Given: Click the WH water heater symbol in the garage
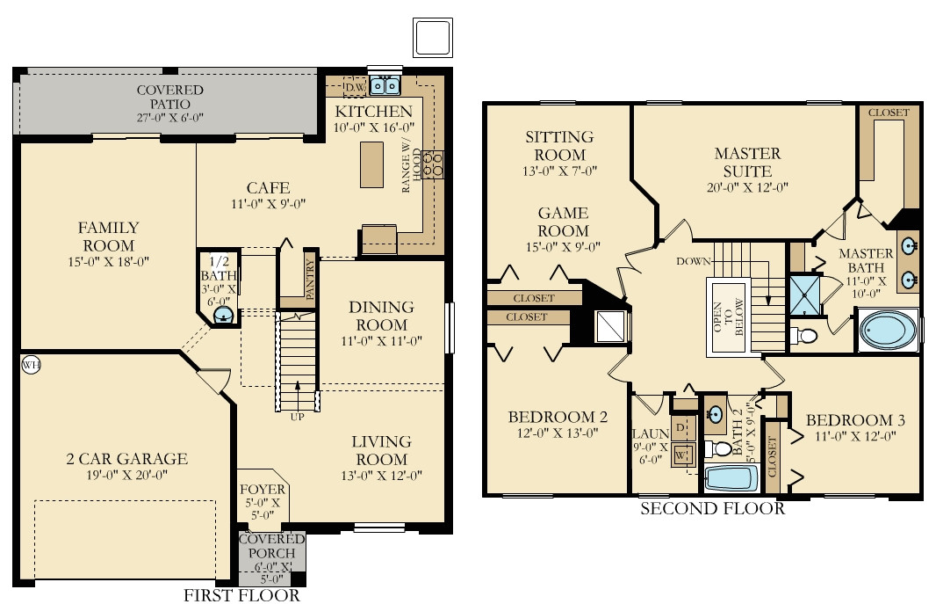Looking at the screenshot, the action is pyautogui.click(x=31, y=365).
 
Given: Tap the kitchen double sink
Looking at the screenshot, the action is pyautogui.click(x=385, y=86).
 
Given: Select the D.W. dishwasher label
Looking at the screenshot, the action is pyautogui.click(x=356, y=87).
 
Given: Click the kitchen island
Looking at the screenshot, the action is pyautogui.click(x=371, y=165).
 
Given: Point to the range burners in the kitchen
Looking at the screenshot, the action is pyautogui.click(x=434, y=164).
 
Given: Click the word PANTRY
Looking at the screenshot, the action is pyautogui.click(x=310, y=279).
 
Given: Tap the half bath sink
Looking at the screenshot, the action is pyautogui.click(x=223, y=314).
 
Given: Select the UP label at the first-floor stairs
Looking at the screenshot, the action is pyautogui.click(x=297, y=417).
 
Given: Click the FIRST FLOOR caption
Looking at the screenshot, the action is pyautogui.click(x=241, y=595).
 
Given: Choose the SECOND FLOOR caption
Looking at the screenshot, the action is pyautogui.click(x=713, y=508).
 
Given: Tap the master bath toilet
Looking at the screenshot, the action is pyautogui.click(x=804, y=336).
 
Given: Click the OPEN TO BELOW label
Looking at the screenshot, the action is pyautogui.click(x=728, y=317).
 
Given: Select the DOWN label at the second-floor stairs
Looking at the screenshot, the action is pyautogui.click(x=693, y=261).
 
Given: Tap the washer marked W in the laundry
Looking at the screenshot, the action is pyautogui.click(x=681, y=455).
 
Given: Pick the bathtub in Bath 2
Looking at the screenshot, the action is pyautogui.click(x=731, y=478).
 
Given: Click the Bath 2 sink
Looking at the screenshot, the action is pyautogui.click(x=714, y=413).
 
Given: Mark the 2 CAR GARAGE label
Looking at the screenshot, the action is pyautogui.click(x=126, y=459).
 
